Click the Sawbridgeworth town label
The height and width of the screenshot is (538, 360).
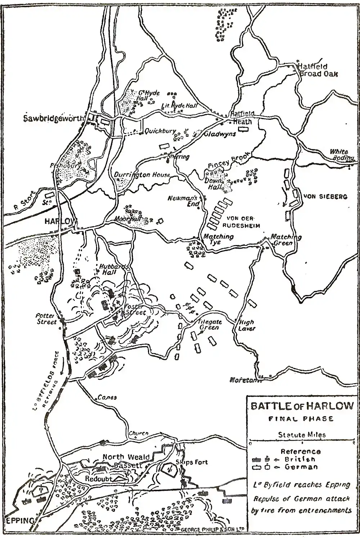pyautogui.click(x=54, y=118)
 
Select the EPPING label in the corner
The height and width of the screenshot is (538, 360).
pyautogui.click(x=20, y=521)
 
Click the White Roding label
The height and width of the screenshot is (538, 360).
pyautogui.click(x=341, y=154)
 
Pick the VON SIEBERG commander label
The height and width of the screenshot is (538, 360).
pyautogui.click(x=325, y=197)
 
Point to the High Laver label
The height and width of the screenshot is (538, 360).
pyautogui.click(x=246, y=325)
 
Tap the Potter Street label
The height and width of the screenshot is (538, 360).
pyautogui.click(x=46, y=318)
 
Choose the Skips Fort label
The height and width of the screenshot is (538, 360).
pyautogui.click(x=192, y=462)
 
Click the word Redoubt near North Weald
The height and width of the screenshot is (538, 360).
pyautogui.click(x=99, y=479)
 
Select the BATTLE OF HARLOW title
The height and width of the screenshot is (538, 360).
pyautogui.click(x=302, y=406)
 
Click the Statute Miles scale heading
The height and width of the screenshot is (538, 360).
pyautogui.click(x=302, y=435)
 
